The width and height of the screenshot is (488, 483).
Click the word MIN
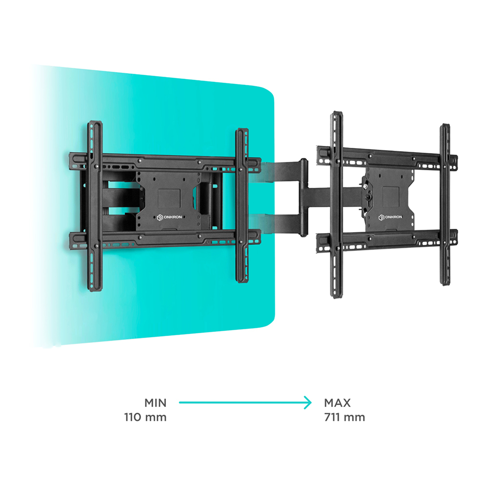point(155,402)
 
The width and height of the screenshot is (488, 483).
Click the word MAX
point(337,402)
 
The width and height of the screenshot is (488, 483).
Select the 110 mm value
point(145,417)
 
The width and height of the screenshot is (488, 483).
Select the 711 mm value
point(345,417)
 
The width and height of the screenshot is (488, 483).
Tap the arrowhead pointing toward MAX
point(308,402)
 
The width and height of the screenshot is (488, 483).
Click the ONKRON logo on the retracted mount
point(169,217)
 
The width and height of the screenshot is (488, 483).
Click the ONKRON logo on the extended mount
point(390,217)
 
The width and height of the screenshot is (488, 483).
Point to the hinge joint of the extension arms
point(304,198)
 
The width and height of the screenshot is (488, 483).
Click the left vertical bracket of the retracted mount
point(95,206)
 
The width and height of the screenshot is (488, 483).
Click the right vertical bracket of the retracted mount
point(242,205)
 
